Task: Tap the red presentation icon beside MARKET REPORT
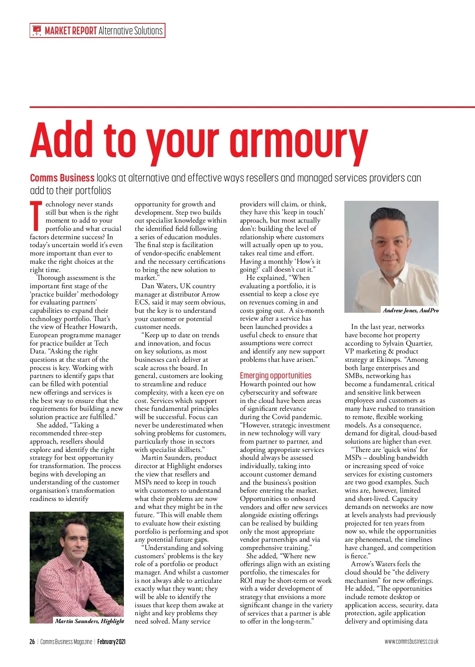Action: click(x=37, y=30)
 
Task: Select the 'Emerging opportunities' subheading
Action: click(x=275, y=375)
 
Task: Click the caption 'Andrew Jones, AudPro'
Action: click(x=410, y=310)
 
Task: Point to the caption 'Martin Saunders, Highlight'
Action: click(x=89, y=621)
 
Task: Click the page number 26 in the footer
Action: click(x=32, y=642)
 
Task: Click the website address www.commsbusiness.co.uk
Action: click(x=411, y=642)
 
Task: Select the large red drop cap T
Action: click(x=36, y=216)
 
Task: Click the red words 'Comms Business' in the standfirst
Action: click(x=62, y=178)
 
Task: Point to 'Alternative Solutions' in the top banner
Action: click(x=131, y=30)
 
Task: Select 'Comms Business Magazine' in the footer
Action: click(x=66, y=642)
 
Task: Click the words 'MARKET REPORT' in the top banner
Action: click(x=71, y=30)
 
